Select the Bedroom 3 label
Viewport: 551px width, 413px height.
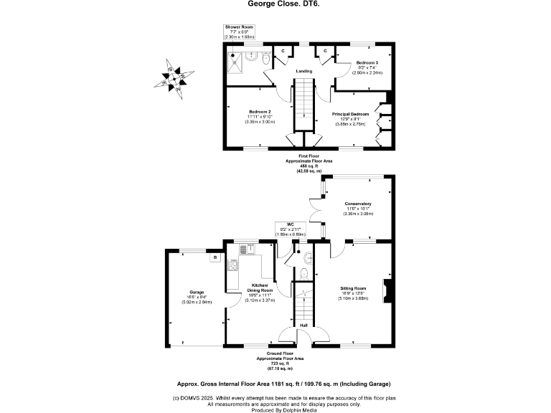click(x=367, y=63)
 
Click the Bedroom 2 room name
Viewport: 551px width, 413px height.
click(x=260, y=112)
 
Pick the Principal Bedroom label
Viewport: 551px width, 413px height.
click(x=349, y=114)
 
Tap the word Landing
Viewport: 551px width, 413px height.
click(x=303, y=70)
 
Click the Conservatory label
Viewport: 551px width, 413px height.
click(x=357, y=204)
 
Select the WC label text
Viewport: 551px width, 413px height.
click(x=290, y=224)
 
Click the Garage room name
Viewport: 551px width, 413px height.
click(x=197, y=292)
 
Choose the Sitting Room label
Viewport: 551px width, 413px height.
click(x=353, y=289)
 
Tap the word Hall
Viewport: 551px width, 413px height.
click(x=303, y=324)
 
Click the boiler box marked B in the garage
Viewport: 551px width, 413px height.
click(x=214, y=258)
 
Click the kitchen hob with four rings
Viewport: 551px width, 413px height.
click(x=233, y=267)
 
